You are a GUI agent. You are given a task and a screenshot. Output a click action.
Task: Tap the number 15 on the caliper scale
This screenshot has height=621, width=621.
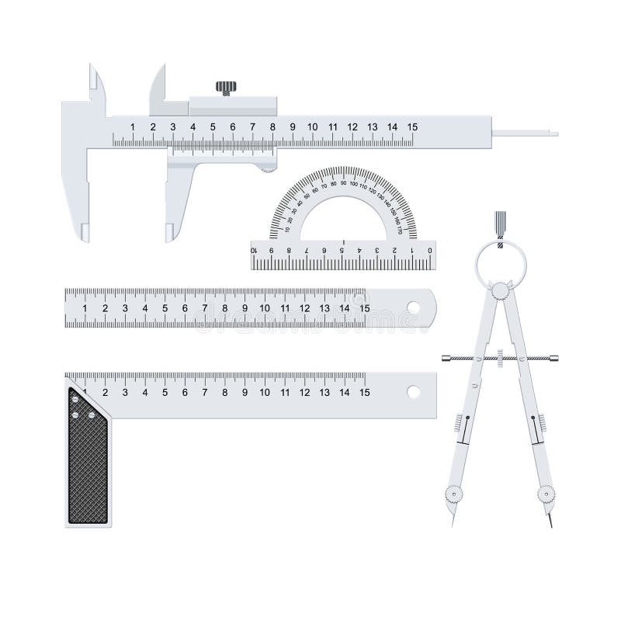[x=412, y=127]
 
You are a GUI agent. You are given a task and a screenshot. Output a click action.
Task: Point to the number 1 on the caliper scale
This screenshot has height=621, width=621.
[x=133, y=127]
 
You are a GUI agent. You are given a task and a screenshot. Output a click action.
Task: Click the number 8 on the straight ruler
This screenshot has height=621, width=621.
[x=225, y=308]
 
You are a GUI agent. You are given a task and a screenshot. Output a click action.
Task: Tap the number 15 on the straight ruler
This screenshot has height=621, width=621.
[x=364, y=308]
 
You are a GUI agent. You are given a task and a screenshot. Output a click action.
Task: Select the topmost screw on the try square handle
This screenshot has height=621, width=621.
[x=75, y=398]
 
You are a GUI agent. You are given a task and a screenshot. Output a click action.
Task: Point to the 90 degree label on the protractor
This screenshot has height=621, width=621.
[x=343, y=182]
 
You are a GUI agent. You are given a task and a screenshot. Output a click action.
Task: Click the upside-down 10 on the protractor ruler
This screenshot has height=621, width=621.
[x=255, y=250]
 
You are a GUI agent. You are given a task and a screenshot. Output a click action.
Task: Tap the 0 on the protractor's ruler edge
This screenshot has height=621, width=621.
[x=430, y=250]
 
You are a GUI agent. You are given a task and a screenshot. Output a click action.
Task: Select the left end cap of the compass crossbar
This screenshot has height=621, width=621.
[x=446, y=358]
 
